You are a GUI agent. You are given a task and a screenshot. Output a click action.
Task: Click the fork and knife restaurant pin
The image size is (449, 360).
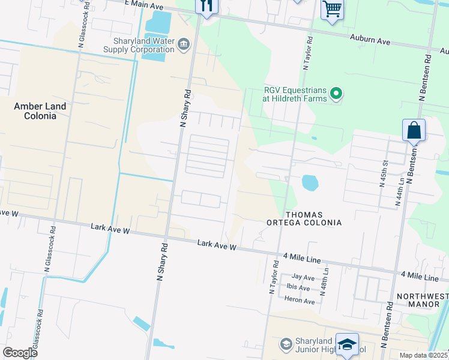(x=206, y=7)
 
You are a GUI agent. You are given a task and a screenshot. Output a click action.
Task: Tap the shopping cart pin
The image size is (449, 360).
(x=331, y=10)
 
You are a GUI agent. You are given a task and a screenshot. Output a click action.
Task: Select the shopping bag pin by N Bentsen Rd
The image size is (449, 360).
(x=414, y=130)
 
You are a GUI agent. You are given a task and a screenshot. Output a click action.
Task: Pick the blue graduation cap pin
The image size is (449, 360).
(x=346, y=344)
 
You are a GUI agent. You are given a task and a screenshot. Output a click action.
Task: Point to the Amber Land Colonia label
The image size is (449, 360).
(x=40, y=111)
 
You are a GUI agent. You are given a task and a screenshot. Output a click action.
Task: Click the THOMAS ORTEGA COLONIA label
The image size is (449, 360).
(x=304, y=218)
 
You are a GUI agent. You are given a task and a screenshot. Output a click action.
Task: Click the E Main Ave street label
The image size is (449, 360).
(x=143, y=5)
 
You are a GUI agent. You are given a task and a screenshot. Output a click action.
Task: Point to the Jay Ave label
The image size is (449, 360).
(x=303, y=277)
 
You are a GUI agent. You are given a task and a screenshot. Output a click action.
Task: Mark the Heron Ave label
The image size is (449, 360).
(x=300, y=300)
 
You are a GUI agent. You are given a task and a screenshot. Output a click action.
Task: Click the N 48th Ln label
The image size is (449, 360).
(x=326, y=280)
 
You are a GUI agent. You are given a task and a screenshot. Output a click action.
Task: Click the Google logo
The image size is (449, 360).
(x=20, y=353)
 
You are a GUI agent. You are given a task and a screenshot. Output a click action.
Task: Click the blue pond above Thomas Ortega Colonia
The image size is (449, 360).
(x=309, y=182)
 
